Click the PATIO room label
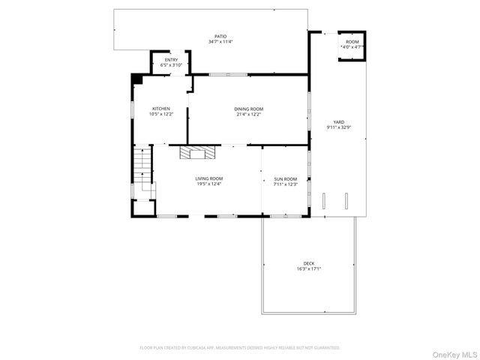coord(220,35)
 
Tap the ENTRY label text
coord(171,59)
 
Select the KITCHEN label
coord(161,108)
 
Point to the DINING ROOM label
coord(248,108)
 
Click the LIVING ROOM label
coord(208,178)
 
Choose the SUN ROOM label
coord(285,178)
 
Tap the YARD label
coord(339,121)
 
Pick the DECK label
coord(308,262)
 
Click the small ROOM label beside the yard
coord(352,41)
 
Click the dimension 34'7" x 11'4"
coord(220,41)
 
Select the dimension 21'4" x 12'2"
coord(248,114)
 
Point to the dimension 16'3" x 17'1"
coord(308,268)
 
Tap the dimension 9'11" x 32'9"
coord(339,127)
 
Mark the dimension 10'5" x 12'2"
coord(161,114)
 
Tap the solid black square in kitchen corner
coord(136,78)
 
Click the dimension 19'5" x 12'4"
coord(208,184)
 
